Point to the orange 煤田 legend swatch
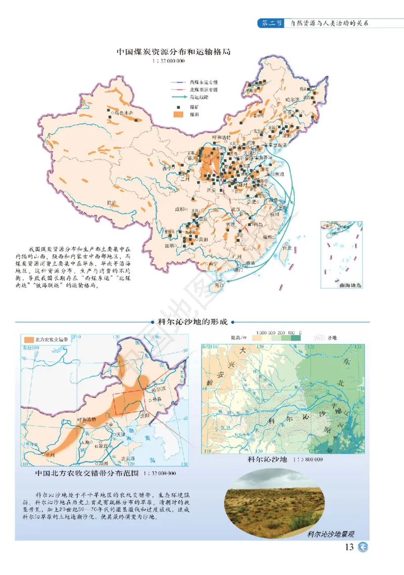point(178,115)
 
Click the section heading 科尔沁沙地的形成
point(193,321)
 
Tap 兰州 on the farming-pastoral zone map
point(49,455)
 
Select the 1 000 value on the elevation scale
point(262,332)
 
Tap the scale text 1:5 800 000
point(306,460)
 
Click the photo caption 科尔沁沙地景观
point(331,534)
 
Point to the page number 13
point(349,547)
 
